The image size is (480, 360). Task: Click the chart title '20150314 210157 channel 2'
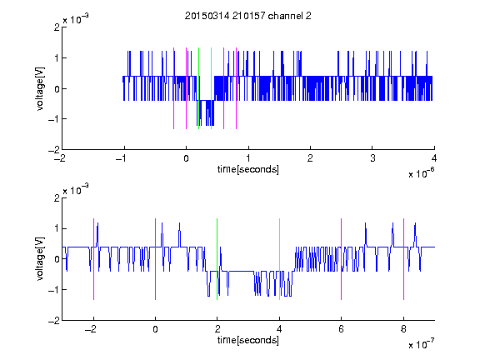248,16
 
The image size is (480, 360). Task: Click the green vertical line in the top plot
198,88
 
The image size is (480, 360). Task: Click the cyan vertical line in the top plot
211,88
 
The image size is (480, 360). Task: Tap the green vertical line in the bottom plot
217,259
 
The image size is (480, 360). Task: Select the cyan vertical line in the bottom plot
279,259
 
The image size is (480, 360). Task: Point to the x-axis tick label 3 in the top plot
372,158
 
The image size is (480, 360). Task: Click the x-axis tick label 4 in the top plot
434,158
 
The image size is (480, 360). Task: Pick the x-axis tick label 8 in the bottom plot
403,329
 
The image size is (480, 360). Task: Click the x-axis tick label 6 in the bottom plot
342,329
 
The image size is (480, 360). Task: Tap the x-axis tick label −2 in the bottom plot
91,329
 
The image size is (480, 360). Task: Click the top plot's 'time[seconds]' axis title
248,169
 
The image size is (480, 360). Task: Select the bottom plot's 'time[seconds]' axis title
248,340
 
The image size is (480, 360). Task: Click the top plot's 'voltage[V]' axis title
40,88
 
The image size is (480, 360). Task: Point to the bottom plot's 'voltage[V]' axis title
40,259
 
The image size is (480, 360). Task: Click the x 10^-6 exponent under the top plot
421,173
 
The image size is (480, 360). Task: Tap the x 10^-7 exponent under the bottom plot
421,344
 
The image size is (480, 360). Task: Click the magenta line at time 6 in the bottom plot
342,259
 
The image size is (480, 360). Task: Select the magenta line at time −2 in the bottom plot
93,259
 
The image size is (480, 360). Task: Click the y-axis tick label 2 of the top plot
57,27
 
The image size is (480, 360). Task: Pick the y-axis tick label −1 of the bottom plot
54,290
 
